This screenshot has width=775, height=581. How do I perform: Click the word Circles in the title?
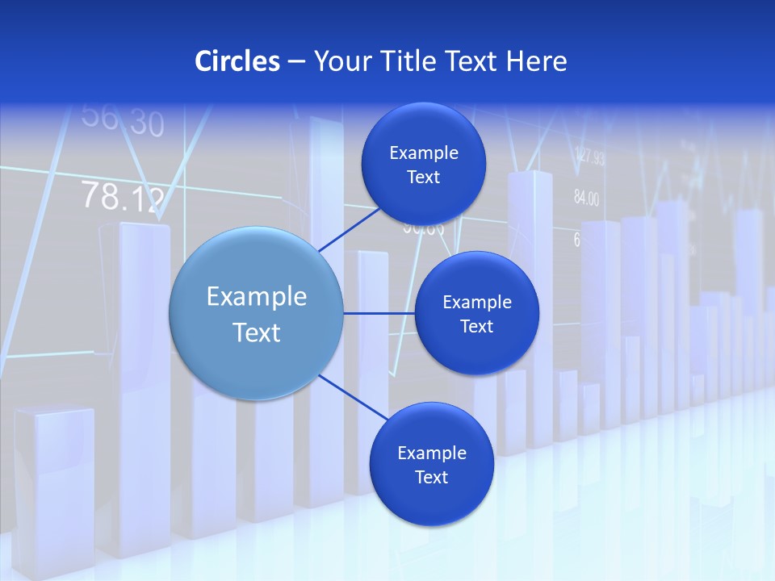tap(237, 61)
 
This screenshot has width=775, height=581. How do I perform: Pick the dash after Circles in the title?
tap(296, 62)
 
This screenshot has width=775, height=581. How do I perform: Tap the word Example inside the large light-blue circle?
tap(257, 297)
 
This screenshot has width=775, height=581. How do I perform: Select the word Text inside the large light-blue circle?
tap(257, 332)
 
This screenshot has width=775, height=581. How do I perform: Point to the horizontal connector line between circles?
tap(379, 313)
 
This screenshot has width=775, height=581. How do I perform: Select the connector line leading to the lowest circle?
tap(352, 397)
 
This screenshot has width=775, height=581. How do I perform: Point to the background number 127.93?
tap(589, 157)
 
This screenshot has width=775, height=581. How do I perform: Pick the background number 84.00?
tap(586, 198)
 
